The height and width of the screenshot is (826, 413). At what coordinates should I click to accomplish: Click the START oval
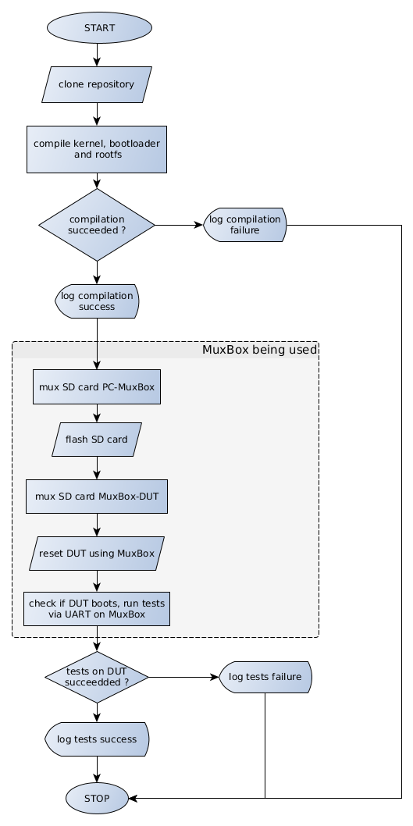pos(99,27)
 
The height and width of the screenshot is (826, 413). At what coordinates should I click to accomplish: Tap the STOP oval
pos(97,798)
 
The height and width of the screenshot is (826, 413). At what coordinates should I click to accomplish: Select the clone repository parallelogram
pos(97,84)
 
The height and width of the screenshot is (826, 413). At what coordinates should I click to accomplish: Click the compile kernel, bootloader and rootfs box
pos(97,149)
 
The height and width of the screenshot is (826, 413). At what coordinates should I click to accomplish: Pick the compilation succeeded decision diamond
pos(97,225)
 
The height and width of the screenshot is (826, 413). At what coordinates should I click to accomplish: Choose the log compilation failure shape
pos(245,225)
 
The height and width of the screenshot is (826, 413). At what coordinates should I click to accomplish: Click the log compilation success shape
pos(97,301)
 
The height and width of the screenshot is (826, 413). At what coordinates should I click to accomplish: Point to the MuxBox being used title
pos(260,349)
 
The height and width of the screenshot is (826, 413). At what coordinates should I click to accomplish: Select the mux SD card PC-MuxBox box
pos(97,386)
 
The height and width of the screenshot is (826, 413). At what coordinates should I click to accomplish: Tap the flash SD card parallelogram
pos(97,440)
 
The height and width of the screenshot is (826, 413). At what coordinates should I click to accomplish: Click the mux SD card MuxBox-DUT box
pos(97,497)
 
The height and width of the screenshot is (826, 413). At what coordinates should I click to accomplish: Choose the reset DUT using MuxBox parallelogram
pos(97,553)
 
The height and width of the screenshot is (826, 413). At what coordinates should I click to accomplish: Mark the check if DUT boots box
pos(97,609)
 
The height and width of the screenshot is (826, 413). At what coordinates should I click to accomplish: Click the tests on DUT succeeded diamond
pos(97,677)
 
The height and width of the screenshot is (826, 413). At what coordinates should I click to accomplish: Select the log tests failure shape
pos(265,677)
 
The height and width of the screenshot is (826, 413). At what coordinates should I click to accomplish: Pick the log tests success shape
pos(97,739)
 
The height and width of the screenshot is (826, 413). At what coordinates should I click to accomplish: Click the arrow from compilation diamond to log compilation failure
pos(179,225)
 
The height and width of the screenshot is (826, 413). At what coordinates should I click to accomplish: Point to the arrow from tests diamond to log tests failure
pos(183,677)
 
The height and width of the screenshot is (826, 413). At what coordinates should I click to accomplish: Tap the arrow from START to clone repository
pos(97,55)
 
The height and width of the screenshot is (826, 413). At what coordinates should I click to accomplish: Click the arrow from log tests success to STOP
pos(97,770)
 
